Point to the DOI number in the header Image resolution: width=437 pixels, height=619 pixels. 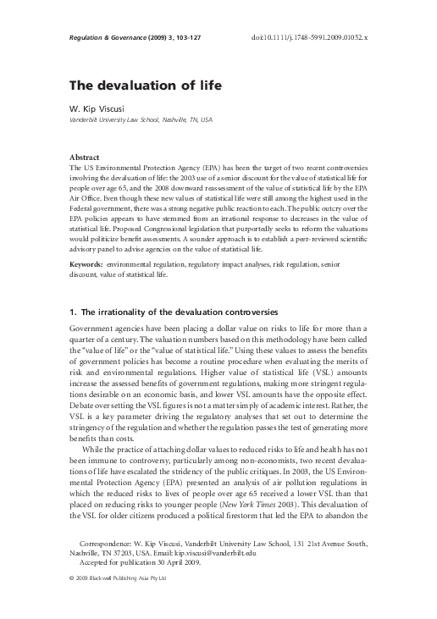[317, 38]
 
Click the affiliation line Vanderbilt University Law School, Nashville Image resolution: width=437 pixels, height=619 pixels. [140, 120]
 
